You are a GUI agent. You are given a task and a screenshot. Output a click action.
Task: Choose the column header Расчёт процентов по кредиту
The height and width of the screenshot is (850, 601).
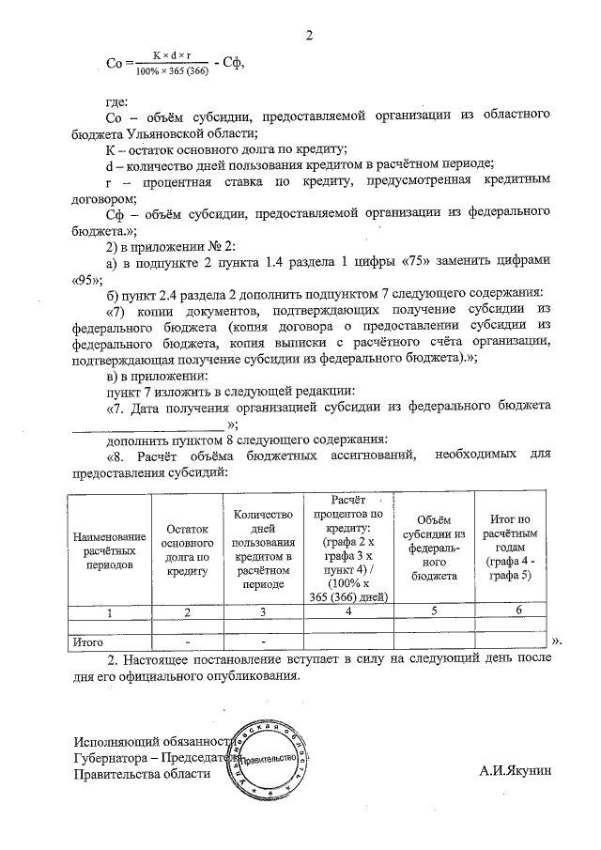(348, 549)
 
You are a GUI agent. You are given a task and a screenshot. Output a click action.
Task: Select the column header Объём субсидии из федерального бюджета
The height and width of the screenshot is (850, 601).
(433, 549)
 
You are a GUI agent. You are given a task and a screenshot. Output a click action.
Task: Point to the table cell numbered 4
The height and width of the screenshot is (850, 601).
(348, 612)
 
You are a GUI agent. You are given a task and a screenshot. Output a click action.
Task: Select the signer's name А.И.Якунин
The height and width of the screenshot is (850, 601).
(516, 772)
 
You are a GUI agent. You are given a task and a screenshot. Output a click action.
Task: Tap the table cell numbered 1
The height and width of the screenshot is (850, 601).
(110, 612)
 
